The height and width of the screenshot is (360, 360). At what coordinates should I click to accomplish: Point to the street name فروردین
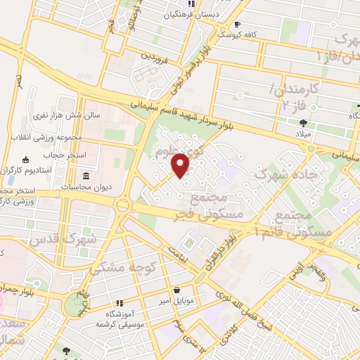pos(155,54)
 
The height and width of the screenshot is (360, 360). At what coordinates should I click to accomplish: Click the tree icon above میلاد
pos(303,121)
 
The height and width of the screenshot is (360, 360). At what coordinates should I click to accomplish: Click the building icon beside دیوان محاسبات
pos(86,175)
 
